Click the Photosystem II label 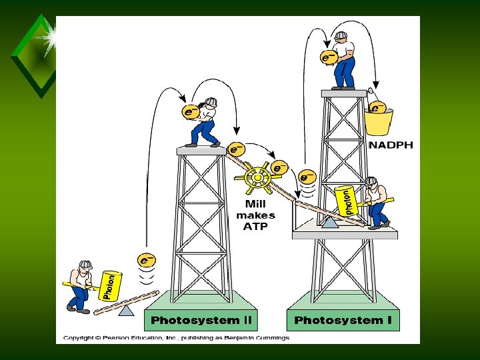(x=202, y=320)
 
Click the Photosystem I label (x=343, y=320)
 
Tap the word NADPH (x=391, y=145)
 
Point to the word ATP (x=255, y=227)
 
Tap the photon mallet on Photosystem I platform (x=345, y=201)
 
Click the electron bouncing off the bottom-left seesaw (x=147, y=259)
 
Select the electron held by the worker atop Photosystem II (x=191, y=112)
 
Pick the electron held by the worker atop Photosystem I (x=328, y=57)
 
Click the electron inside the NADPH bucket (x=377, y=107)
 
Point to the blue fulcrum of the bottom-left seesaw (x=126, y=310)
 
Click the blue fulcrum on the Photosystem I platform (x=329, y=222)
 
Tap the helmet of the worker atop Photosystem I (x=341, y=35)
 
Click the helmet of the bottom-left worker (x=85, y=265)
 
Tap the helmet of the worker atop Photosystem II (x=211, y=102)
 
